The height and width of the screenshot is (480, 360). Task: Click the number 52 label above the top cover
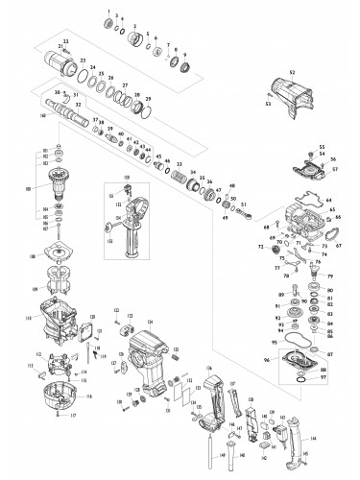292,72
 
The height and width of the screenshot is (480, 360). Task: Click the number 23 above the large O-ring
83,60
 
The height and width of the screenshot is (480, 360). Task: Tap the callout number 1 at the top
112,9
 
